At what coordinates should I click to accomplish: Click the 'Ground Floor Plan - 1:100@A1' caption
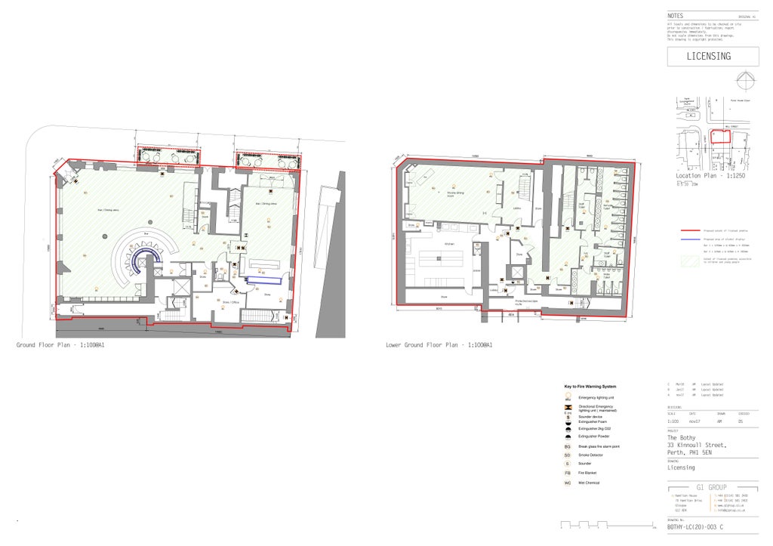60,345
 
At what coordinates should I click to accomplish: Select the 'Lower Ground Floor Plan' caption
439,345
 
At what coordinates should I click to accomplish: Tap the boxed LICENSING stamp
713,57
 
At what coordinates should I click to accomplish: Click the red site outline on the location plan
721,136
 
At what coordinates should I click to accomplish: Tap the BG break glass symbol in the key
568,446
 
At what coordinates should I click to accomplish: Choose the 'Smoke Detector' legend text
591,455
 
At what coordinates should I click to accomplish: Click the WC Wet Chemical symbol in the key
568,483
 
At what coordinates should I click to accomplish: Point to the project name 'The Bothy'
682,438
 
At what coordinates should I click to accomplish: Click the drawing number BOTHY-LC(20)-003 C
695,528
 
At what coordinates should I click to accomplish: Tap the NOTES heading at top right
676,16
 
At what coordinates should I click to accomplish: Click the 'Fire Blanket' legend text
589,473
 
